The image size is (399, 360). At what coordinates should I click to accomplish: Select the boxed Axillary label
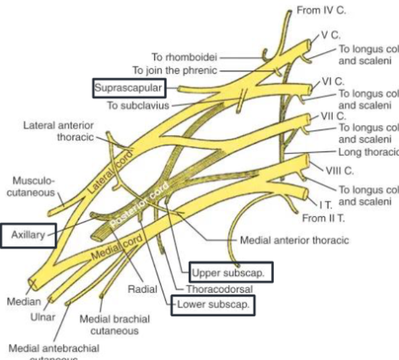pyautogui.click(x=28, y=235)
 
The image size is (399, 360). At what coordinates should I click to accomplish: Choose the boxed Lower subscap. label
pyautogui.click(x=212, y=304)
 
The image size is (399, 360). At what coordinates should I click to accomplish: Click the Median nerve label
pyautogui.click(x=21, y=300)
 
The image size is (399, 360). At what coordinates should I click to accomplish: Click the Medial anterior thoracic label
pyautogui.click(x=294, y=241)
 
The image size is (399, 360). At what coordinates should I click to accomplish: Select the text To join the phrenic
pyautogui.click(x=175, y=70)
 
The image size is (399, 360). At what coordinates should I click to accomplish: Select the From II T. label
pyautogui.click(x=324, y=218)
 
